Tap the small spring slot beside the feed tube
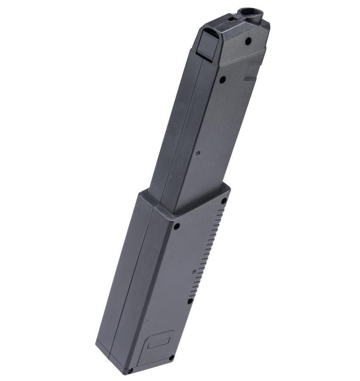pos(232,18)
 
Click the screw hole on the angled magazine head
pos(248,41)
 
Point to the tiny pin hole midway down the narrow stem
pos(198,154)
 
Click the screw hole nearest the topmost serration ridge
pos(224,201)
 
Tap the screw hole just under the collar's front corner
pos(177,226)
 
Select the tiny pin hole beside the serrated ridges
pos(194,271)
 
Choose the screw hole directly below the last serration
pos(190,301)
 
